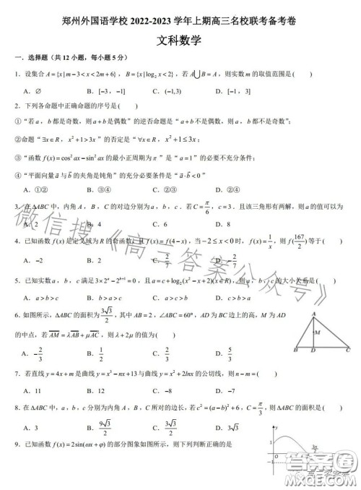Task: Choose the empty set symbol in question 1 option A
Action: [36, 91]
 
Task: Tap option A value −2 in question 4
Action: [38, 259]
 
